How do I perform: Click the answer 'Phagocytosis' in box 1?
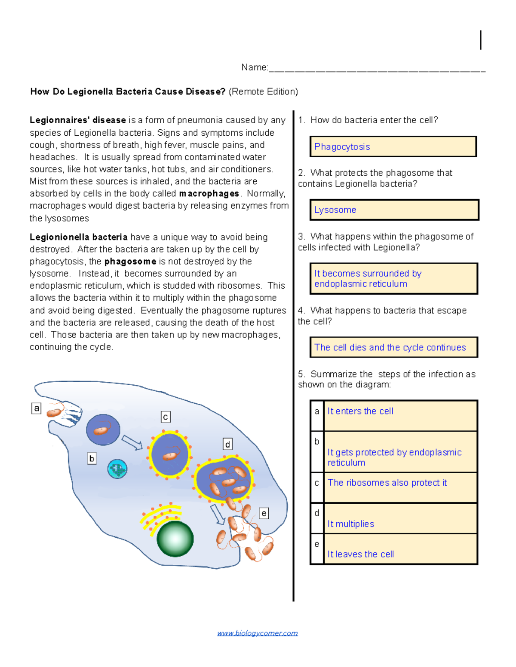click(x=342, y=147)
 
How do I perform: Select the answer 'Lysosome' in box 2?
click(x=335, y=210)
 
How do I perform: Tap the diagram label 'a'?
click(x=37, y=408)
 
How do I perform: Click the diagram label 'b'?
click(x=92, y=459)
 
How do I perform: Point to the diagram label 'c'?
click(x=166, y=417)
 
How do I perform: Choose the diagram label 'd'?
click(x=227, y=444)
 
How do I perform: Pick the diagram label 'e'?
click(x=264, y=513)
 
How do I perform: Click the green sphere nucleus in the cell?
click(x=175, y=539)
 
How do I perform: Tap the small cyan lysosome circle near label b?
click(x=117, y=469)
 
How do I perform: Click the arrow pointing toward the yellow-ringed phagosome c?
click(x=132, y=442)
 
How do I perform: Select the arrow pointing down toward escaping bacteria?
click(x=218, y=514)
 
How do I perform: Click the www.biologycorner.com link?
click(x=257, y=633)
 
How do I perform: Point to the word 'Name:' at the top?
click(x=255, y=67)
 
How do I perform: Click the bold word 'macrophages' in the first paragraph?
click(x=209, y=194)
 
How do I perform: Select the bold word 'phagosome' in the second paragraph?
click(x=130, y=262)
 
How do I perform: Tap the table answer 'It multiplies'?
click(x=350, y=524)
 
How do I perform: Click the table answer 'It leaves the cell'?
click(x=360, y=554)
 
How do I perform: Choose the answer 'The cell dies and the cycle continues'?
click(x=390, y=347)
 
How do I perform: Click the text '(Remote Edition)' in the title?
click(x=263, y=91)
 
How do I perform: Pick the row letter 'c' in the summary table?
click(x=317, y=483)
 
